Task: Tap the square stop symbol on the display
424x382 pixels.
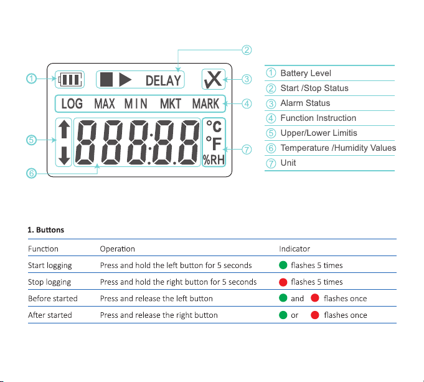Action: pyautogui.click(x=106, y=80)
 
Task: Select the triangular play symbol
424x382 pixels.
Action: pyautogui.click(x=125, y=80)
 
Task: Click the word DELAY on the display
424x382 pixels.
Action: pyautogui.click(x=163, y=80)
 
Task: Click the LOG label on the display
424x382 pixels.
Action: pyautogui.click(x=72, y=104)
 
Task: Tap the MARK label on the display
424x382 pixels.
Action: pyautogui.click(x=205, y=104)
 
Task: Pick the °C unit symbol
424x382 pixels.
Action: pyautogui.click(x=214, y=127)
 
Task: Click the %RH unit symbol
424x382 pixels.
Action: pyautogui.click(x=214, y=160)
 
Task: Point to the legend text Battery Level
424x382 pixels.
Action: pyautogui.click(x=306, y=74)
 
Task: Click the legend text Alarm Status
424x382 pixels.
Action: pyautogui.click(x=305, y=103)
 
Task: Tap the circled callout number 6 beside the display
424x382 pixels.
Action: pyautogui.click(x=31, y=173)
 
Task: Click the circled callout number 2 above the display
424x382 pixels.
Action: pyautogui.click(x=247, y=49)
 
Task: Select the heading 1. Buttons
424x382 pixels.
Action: pyautogui.click(x=46, y=230)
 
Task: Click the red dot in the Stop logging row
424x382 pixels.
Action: pyautogui.click(x=283, y=282)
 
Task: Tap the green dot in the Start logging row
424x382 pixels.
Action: pyautogui.click(x=283, y=265)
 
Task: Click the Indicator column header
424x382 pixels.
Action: pyautogui.click(x=294, y=249)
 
